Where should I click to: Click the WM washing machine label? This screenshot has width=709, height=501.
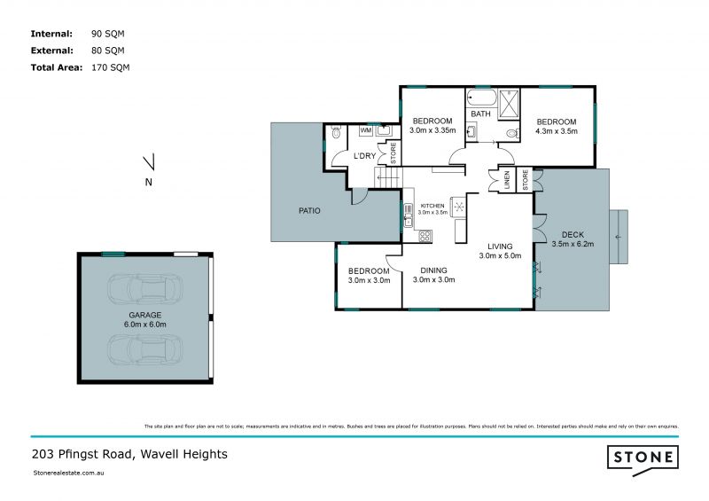pyautogui.click(x=365, y=130)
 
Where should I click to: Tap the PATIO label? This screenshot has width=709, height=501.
pyautogui.click(x=308, y=211)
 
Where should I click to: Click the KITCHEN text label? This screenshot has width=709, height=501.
pyautogui.click(x=432, y=205)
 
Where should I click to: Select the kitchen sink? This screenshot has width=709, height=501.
pyautogui.click(x=409, y=211)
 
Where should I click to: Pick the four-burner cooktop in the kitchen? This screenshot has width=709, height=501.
pyautogui.click(x=425, y=236)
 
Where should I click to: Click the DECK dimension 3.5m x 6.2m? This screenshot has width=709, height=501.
pyautogui.click(x=572, y=244)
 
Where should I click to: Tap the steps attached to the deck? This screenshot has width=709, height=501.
pyautogui.click(x=619, y=238)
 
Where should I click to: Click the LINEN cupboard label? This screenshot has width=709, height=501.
pyautogui.click(x=507, y=181)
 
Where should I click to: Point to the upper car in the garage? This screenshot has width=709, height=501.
pyautogui.click(x=144, y=288)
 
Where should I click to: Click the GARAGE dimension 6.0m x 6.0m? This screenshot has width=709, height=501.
pyautogui.click(x=144, y=325)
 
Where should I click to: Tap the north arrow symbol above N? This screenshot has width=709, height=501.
pyautogui.click(x=150, y=163)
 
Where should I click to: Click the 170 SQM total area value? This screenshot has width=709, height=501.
pyautogui.click(x=111, y=67)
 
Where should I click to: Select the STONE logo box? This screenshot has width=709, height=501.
pyautogui.click(x=643, y=458)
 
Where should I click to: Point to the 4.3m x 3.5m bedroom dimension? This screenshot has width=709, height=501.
pyautogui.click(x=556, y=131)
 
